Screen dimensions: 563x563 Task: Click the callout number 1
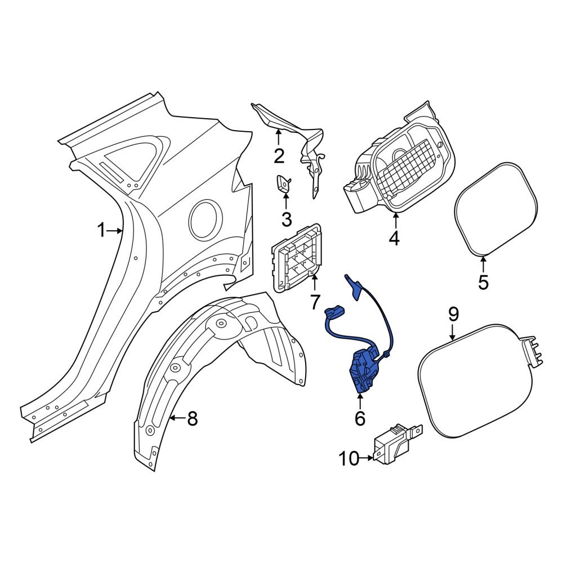101,230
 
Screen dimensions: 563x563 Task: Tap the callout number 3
286,218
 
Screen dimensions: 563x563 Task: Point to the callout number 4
394,238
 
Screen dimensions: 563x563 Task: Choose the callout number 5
483,281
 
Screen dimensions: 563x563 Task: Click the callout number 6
359,418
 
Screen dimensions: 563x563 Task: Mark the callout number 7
315,303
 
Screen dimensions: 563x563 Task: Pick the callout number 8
192,418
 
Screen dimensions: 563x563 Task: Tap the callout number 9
453,314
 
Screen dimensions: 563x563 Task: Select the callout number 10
349,459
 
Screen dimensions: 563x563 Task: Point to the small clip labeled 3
283,184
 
